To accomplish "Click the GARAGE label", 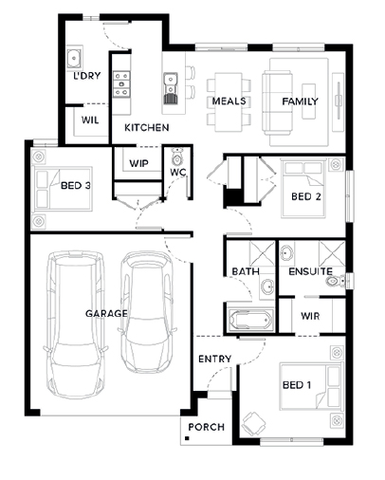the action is [x=106, y=313].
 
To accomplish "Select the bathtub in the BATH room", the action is [x=250, y=320].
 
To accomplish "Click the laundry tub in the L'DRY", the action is [x=74, y=58].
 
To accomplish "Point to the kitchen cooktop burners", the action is [x=121, y=84].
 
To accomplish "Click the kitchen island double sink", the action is [x=171, y=88].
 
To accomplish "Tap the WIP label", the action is [x=138, y=163].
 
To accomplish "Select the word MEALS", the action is [x=229, y=102].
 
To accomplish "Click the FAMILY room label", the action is [x=300, y=102].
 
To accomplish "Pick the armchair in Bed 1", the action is [x=253, y=424].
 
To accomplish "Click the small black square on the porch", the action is [x=187, y=438].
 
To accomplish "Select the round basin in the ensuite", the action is [x=287, y=253].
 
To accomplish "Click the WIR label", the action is [x=310, y=316].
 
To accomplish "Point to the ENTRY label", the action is [x=214, y=359].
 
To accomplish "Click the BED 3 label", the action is [x=76, y=185].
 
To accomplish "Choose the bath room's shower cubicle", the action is [x=262, y=254].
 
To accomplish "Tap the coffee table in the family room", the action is [x=308, y=102].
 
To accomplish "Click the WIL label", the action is [x=90, y=120].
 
